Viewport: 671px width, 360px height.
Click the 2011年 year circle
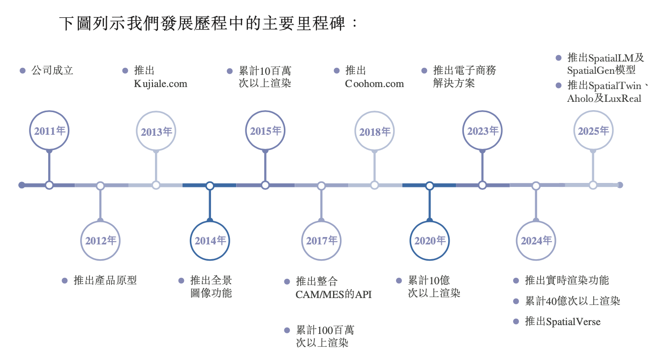click(x=49, y=131)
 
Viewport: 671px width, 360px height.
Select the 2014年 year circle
click(x=210, y=240)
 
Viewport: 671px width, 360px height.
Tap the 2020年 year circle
click(x=429, y=240)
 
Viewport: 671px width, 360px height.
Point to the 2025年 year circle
click(x=593, y=131)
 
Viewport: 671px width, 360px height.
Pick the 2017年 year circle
click(x=321, y=240)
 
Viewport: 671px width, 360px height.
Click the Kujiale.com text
click(x=160, y=84)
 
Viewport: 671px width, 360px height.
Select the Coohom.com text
click(x=374, y=84)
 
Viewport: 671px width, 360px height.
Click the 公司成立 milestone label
click(x=52, y=70)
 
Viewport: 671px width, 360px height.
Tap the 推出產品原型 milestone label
click(x=105, y=280)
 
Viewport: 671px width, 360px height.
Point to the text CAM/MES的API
click(x=334, y=295)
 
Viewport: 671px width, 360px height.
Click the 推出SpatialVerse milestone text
click(x=563, y=322)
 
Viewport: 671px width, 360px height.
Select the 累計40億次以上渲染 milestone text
click(x=573, y=301)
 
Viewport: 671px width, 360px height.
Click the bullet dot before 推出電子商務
click(x=424, y=71)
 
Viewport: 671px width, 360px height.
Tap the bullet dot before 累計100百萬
click(x=287, y=330)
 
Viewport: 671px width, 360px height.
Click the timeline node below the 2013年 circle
click(x=156, y=185)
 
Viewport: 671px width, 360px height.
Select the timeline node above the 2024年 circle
click(x=536, y=185)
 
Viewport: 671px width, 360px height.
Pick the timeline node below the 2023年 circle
click(x=482, y=185)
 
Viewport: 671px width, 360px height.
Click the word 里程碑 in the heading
click(x=320, y=23)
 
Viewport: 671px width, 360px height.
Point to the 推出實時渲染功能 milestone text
click(x=567, y=280)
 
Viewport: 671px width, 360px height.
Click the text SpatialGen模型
click(x=601, y=70)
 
